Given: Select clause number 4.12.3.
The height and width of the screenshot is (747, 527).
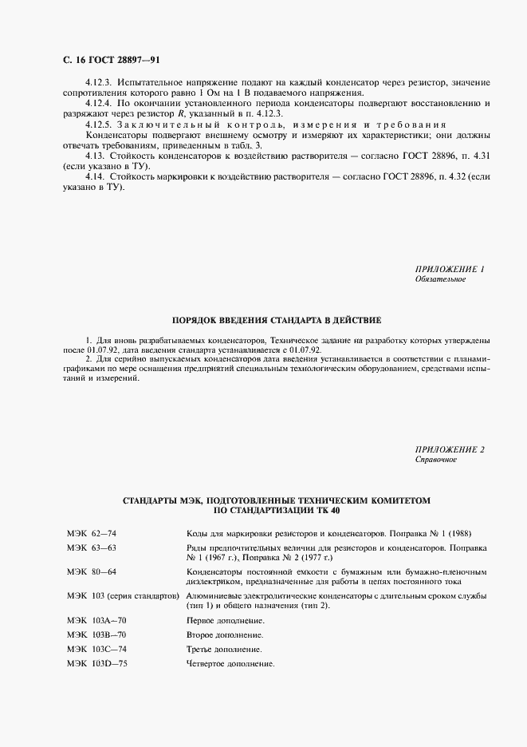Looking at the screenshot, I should (98, 83).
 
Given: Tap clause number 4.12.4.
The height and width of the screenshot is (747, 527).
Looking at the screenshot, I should (98, 104).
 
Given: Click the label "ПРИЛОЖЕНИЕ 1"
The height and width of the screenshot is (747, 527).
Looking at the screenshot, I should (450, 269).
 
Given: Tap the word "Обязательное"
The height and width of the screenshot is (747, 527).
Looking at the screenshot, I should (440, 279).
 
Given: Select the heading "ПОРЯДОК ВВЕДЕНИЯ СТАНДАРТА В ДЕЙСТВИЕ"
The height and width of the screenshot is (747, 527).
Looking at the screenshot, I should (263, 318).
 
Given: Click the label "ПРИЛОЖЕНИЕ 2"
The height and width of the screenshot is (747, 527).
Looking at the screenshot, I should (450, 450).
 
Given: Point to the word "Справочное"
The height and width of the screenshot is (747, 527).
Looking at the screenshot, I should (436, 460).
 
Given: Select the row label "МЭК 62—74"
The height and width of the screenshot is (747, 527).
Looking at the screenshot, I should (92, 532).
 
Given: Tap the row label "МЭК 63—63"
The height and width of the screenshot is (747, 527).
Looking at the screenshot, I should (92, 550).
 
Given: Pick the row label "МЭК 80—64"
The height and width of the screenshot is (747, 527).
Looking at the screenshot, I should (92, 573).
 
